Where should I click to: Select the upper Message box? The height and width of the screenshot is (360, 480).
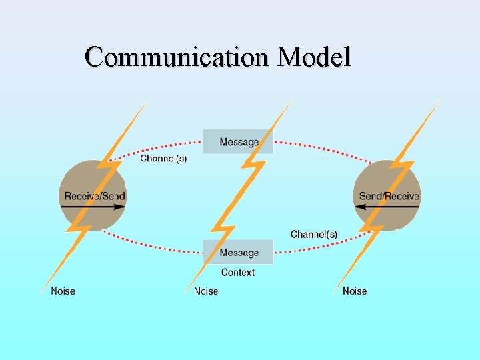[238, 142]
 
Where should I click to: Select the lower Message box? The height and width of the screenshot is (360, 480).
[239, 253]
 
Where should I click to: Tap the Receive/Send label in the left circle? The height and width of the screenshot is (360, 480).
[94, 196]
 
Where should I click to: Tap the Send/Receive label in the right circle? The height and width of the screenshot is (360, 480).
[389, 196]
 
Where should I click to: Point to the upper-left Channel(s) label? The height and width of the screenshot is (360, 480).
[163, 159]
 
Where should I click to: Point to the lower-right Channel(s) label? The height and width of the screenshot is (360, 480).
[313, 235]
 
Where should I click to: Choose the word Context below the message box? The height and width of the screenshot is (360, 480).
[238, 272]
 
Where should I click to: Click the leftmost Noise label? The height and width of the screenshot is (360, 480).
[63, 291]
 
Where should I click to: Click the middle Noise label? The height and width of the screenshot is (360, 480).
[206, 291]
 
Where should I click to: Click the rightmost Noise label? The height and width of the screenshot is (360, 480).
[355, 291]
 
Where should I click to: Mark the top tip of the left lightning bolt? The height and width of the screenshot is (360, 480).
[145, 102]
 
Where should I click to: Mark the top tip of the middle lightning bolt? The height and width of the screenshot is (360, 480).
[290, 102]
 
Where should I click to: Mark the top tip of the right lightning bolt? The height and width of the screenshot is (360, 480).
[438, 102]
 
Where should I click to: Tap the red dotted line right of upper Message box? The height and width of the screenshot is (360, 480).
[320, 147]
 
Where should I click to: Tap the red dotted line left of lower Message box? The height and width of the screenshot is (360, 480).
[160, 248]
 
